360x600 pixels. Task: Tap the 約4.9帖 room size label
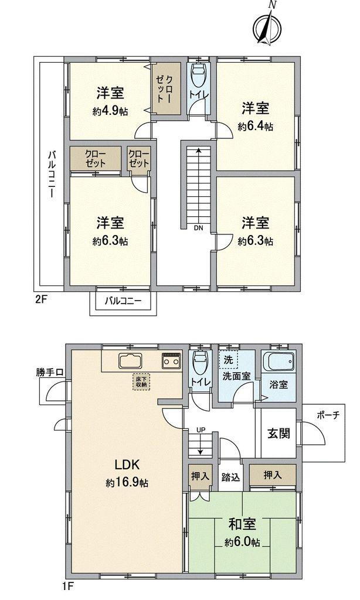tap(110, 111)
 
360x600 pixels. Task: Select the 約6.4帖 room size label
tap(255, 126)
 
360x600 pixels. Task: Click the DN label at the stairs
tap(198, 228)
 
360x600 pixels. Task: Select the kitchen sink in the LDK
tap(130, 362)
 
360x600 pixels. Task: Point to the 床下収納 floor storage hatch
tap(141, 382)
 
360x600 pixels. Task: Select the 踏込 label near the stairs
tap(230, 478)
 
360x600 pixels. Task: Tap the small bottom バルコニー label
tap(123, 302)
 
